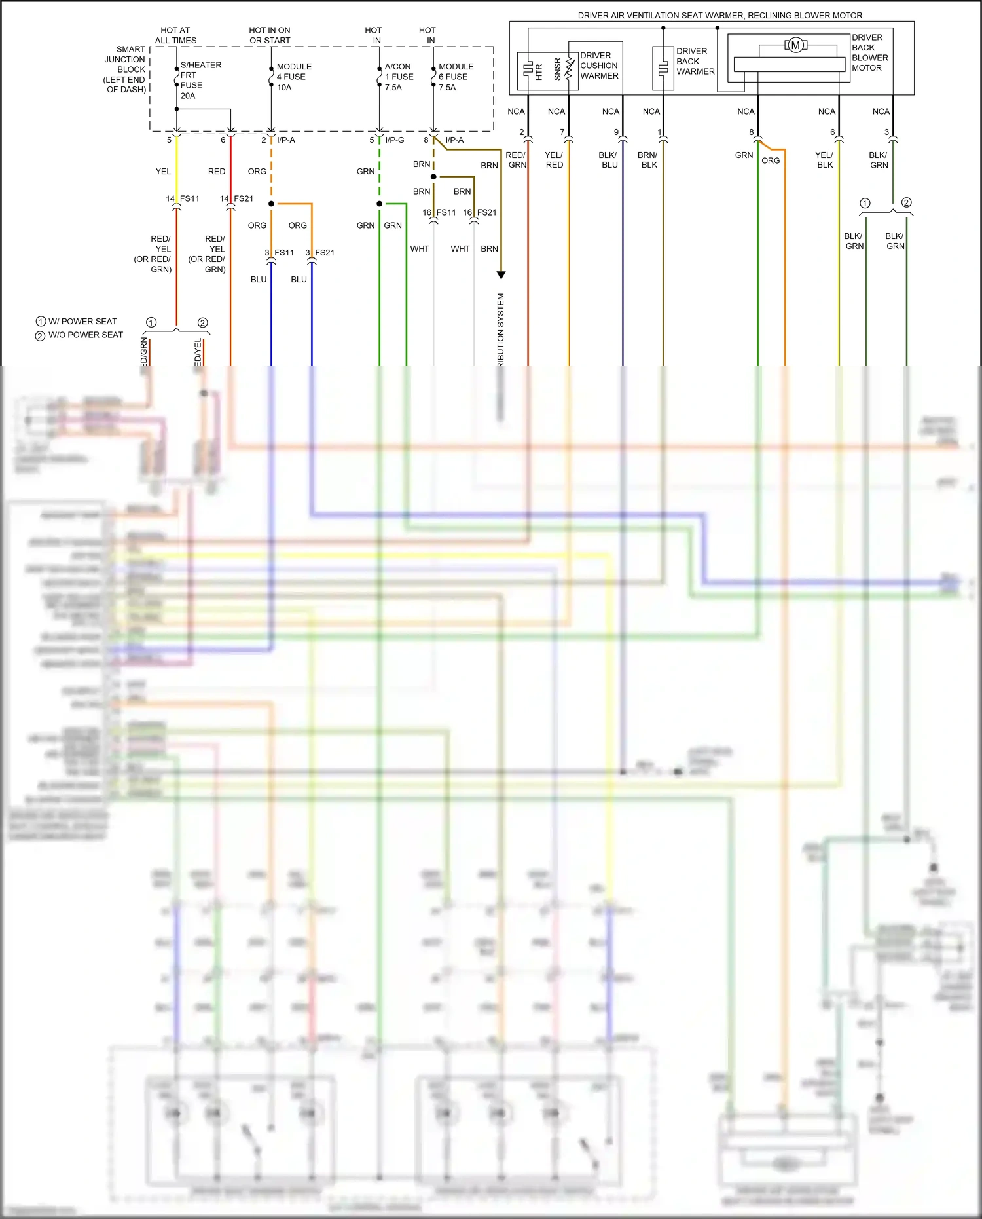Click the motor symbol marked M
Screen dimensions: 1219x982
point(795,45)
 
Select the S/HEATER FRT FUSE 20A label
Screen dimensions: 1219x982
point(200,80)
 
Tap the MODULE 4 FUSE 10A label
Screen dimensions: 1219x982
point(294,77)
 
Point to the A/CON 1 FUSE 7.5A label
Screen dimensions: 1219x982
point(399,77)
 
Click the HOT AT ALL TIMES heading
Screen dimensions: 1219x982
point(175,35)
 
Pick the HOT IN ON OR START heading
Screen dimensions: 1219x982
point(270,35)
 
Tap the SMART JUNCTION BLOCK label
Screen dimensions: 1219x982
point(126,69)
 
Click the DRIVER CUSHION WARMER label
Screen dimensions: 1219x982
point(599,66)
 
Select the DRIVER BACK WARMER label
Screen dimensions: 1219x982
point(695,61)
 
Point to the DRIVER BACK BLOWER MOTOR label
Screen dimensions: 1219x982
point(869,52)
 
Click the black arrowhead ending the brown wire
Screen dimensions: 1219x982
point(501,275)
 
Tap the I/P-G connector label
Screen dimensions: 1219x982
point(395,140)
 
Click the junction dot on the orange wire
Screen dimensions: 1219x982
point(271,204)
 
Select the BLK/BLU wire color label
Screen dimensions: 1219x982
point(609,160)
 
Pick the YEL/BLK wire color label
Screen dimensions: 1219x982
point(824,160)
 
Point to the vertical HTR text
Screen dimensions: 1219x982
point(539,71)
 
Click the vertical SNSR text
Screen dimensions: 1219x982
point(558,69)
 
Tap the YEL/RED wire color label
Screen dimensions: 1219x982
point(554,160)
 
